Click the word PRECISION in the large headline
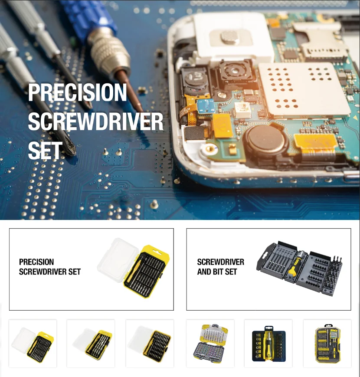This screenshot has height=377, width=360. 77,93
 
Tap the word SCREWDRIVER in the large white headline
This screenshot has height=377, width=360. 95,122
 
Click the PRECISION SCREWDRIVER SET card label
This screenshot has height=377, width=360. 50,267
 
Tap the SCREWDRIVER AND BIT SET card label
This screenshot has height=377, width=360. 220,267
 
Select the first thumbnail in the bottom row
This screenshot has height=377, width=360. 33,344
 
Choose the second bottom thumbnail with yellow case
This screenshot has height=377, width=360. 91,344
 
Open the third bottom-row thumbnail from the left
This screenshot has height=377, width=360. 150,344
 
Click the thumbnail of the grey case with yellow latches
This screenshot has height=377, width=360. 210,344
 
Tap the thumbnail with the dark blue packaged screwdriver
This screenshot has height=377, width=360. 268,344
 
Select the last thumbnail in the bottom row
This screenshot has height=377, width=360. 327,344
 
